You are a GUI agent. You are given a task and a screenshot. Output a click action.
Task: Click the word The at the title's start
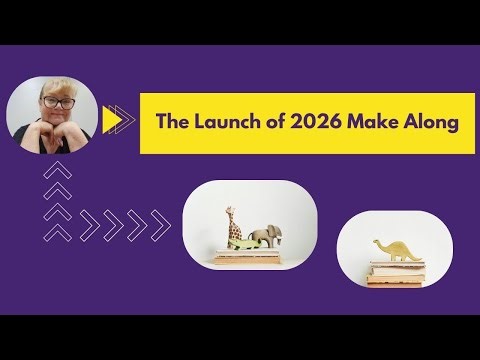pyautogui.click(x=173, y=122)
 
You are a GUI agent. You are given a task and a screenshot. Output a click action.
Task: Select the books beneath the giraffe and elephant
pyautogui.click(x=245, y=259)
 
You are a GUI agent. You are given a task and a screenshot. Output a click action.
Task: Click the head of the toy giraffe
pyautogui.click(x=230, y=208)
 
